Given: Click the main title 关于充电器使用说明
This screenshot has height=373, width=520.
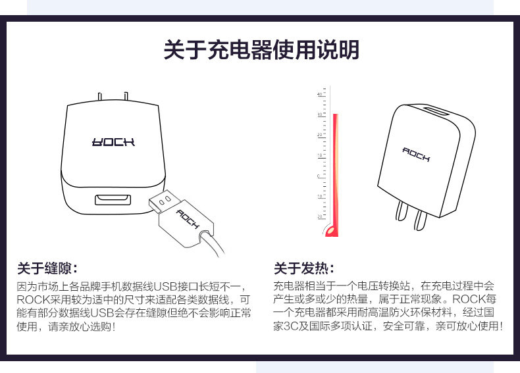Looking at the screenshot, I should pyautogui.click(x=261, y=51).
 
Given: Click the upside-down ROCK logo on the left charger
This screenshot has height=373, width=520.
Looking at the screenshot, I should pyautogui.click(x=113, y=141).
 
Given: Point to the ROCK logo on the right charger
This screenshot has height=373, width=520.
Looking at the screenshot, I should pyautogui.click(x=416, y=155).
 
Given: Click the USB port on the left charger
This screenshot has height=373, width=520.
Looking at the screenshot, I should pyautogui.click(x=113, y=199).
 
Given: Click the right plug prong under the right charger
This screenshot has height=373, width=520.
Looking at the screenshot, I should pyautogui.click(x=419, y=220).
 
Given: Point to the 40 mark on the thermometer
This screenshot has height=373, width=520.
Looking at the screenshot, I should pyautogui.click(x=320, y=95).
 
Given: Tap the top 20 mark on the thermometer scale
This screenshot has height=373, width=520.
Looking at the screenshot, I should pyautogui.click(x=320, y=135).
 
